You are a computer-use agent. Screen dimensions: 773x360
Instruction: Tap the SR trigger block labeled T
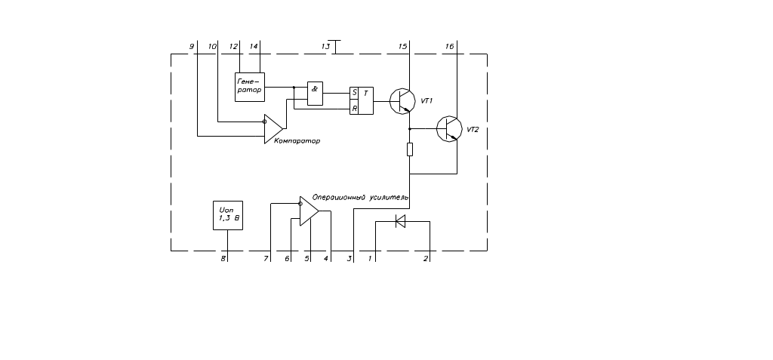click(361, 101)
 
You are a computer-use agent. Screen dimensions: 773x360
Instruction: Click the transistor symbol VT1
click(402, 101)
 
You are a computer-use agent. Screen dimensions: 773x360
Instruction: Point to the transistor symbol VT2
click(449, 129)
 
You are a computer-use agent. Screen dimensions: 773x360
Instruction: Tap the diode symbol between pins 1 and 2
click(400, 221)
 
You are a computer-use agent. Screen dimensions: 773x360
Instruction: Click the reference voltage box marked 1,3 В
click(229, 216)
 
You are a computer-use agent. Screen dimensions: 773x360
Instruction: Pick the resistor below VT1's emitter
click(410, 149)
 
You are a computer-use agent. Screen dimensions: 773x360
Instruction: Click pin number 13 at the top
click(326, 47)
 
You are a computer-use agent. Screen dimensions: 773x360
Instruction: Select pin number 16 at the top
click(450, 47)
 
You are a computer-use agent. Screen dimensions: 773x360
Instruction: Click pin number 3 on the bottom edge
click(350, 259)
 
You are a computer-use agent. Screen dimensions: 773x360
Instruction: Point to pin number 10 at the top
click(213, 47)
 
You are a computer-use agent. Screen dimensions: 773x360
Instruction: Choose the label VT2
click(473, 130)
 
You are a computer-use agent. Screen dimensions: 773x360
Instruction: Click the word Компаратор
click(291, 141)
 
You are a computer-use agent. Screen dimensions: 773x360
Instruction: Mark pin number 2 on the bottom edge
click(426, 259)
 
